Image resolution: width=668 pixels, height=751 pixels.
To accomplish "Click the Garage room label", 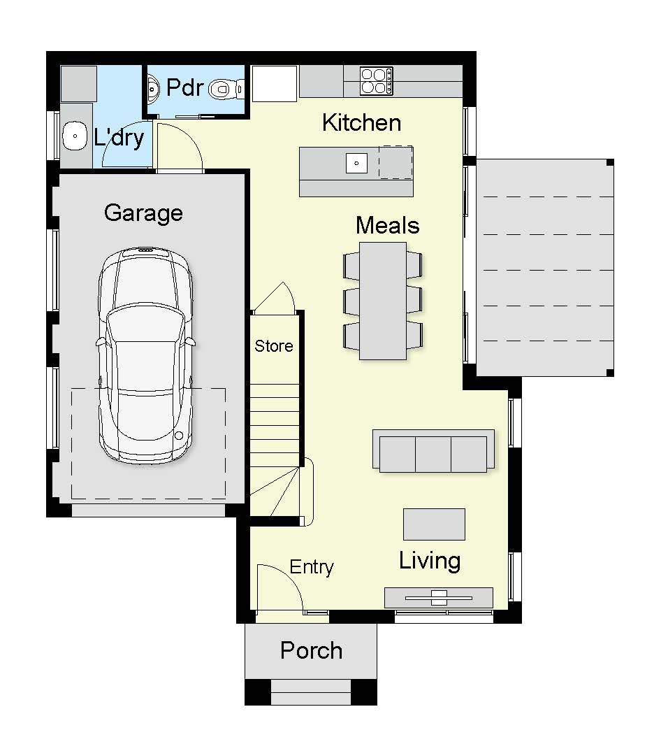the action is click(x=143, y=213).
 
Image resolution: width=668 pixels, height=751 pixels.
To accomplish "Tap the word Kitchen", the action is click(x=362, y=122).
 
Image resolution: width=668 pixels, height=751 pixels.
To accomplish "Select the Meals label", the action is click(x=388, y=225).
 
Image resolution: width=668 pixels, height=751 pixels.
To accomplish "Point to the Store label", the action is click(x=274, y=346).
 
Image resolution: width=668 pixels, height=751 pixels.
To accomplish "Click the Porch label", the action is click(x=312, y=650).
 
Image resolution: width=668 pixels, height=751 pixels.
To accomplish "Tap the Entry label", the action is click(x=312, y=568).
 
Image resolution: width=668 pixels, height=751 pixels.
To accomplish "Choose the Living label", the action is click(x=430, y=562).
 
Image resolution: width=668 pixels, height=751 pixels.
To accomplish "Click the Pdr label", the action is click(x=184, y=87).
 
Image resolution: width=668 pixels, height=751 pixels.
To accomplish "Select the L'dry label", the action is click(x=119, y=138).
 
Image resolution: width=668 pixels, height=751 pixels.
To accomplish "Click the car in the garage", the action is click(x=146, y=355).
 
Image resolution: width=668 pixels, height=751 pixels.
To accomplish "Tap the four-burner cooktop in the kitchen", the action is click(x=376, y=81).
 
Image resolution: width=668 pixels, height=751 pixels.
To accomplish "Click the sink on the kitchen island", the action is click(x=356, y=164).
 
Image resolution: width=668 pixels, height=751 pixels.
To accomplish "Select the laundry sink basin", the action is click(x=75, y=136).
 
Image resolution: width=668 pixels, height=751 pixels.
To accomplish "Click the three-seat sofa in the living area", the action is click(x=433, y=451).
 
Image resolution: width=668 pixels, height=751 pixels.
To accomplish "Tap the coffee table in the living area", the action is click(x=435, y=524).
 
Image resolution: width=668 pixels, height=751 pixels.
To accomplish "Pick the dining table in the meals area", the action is click(x=383, y=301).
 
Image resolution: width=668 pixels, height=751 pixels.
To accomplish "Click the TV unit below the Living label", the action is click(x=439, y=598).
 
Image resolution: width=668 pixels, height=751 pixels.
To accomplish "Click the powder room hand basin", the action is click(x=153, y=88).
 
